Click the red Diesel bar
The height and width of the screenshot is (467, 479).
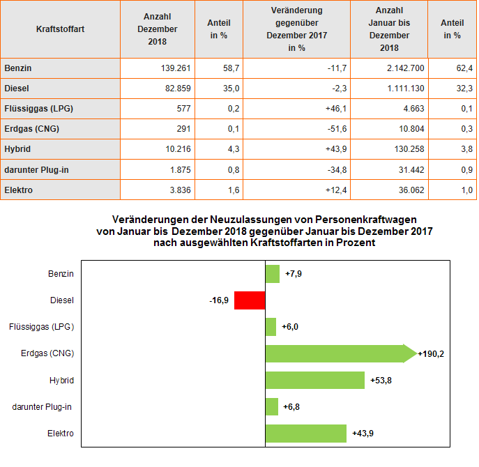tap(250, 300)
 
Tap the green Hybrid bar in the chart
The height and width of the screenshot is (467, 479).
tap(315, 380)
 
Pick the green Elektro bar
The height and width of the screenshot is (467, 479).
tap(306, 433)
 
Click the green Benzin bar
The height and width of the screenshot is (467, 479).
tap(273, 274)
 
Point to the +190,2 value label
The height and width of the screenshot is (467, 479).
tap(431, 353)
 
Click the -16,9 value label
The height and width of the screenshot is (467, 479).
tap(219, 300)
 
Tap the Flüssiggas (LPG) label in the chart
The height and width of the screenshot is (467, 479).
tap(41, 327)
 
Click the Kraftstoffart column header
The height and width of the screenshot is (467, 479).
tap(60, 29)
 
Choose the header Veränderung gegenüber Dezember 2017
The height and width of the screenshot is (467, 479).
tap(296, 29)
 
